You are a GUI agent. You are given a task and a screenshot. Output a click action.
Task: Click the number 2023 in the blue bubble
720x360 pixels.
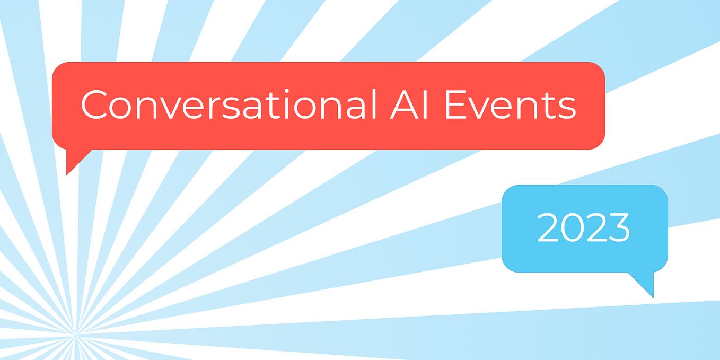tap(584, 227)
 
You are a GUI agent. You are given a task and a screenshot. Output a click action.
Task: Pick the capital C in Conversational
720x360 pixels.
tap(95, 105)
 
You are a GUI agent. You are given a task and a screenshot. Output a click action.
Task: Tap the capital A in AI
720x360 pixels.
tap(396, 105)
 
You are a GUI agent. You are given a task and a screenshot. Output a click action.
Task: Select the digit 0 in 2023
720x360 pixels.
tap(572, 227)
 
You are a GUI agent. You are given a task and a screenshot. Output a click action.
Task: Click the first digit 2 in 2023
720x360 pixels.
tap(549, 227)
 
